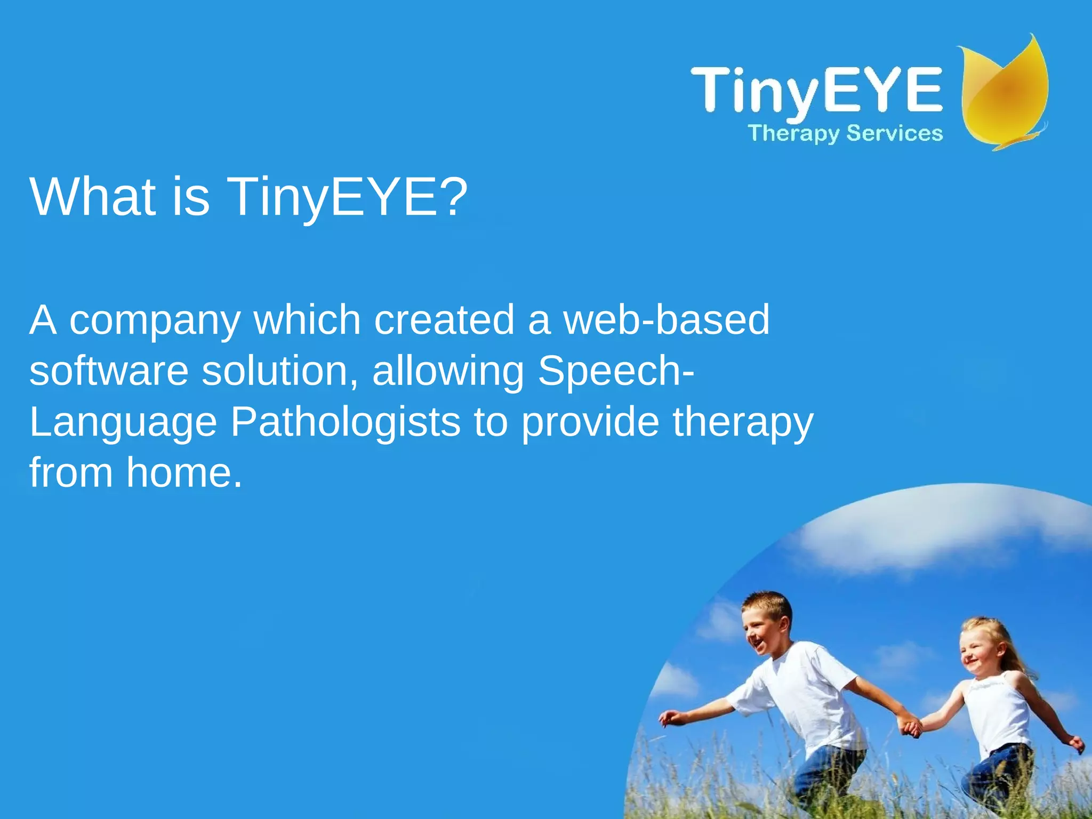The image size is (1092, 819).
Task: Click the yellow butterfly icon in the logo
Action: point(1005,93)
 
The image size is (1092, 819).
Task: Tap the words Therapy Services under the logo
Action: point(845,133)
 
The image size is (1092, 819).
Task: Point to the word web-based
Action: point(667,320)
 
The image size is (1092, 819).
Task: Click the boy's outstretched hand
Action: point(670,718)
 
